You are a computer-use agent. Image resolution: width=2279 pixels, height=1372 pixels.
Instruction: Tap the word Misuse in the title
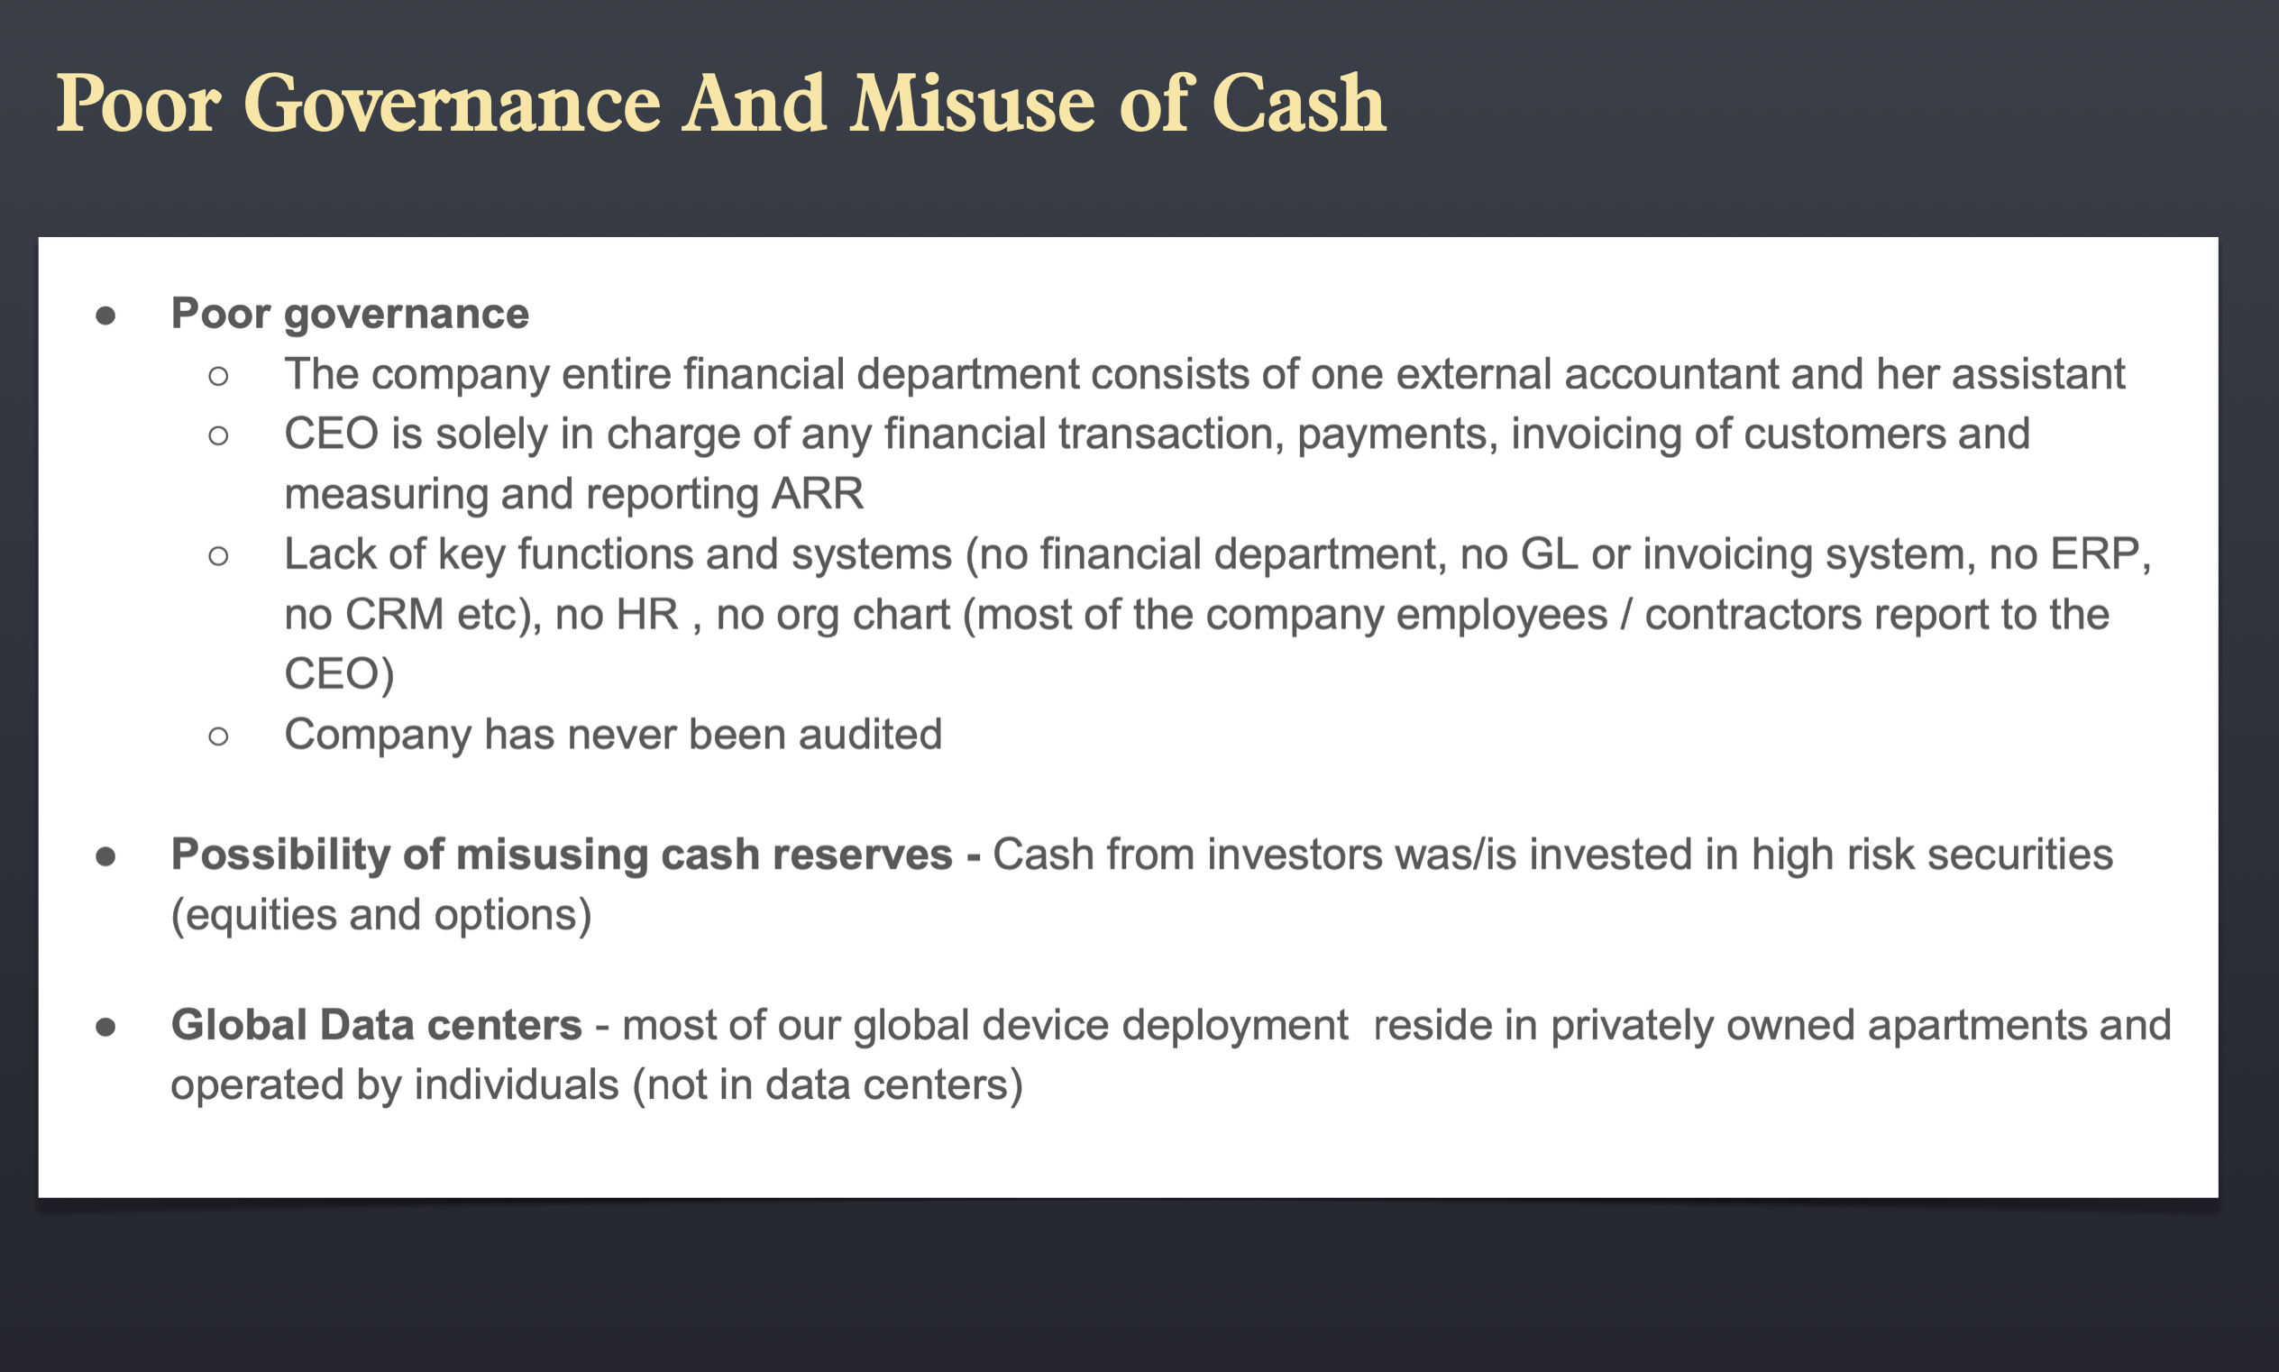[x=974, y=104]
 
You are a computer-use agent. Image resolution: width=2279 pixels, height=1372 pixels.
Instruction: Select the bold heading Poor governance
[x=350, y=315]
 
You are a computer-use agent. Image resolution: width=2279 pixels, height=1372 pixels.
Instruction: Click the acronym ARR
[x=818, y=494]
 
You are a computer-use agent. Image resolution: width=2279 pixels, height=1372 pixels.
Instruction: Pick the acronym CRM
[x=395, y=614]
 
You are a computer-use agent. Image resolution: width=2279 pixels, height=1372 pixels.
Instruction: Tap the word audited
[x=870, y=734]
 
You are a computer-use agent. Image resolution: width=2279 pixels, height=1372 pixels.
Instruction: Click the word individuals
[x=516, y=1084]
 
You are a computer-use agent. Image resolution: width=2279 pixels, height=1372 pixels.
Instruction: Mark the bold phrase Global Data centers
[x=376, y=1025]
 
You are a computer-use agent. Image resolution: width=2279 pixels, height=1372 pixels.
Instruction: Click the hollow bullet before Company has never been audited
[x=218, y=736]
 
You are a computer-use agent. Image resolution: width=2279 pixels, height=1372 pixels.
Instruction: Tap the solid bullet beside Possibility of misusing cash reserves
[x=105, y=856]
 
